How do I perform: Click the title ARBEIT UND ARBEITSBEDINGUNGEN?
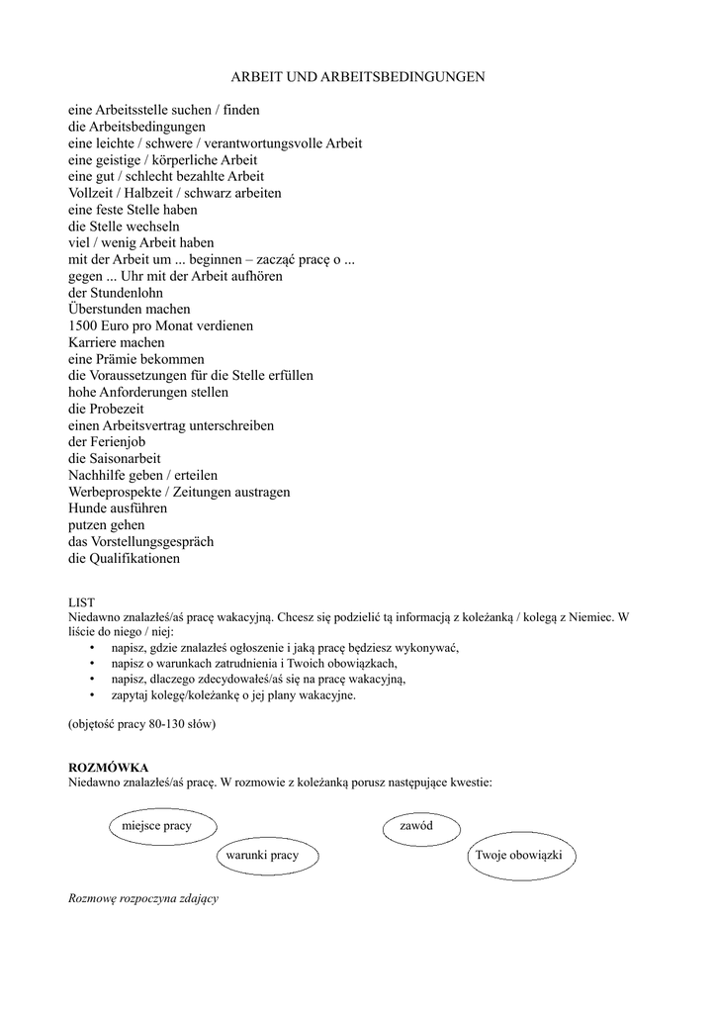pyautogui.click(x=358, y=76)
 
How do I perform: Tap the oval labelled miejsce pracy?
pyautogui.click(x=156, y=825)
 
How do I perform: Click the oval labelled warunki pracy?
pyautogui.click(x=262, y=854)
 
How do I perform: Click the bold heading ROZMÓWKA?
pyautogui.click(x=109, y=768)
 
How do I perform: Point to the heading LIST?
pyautogui.click(x=81, y=601)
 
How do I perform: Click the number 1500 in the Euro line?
pyautogui.click(x=84, y=325)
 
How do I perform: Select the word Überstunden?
pyautogui.click(x=109, y=309)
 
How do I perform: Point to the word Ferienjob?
pyautogui.click(x=122, y=442)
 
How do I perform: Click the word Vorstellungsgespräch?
pyautogui.click(x=151, y=542)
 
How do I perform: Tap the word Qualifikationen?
pyautogui.click(x=134, y=559)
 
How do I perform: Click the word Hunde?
pyautogui.click(x=88, y=508)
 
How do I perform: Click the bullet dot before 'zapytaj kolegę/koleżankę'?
pyautogui.click(x=92, y=695)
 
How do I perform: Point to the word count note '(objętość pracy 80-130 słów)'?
pyautogui.click(x=141, y=725)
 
